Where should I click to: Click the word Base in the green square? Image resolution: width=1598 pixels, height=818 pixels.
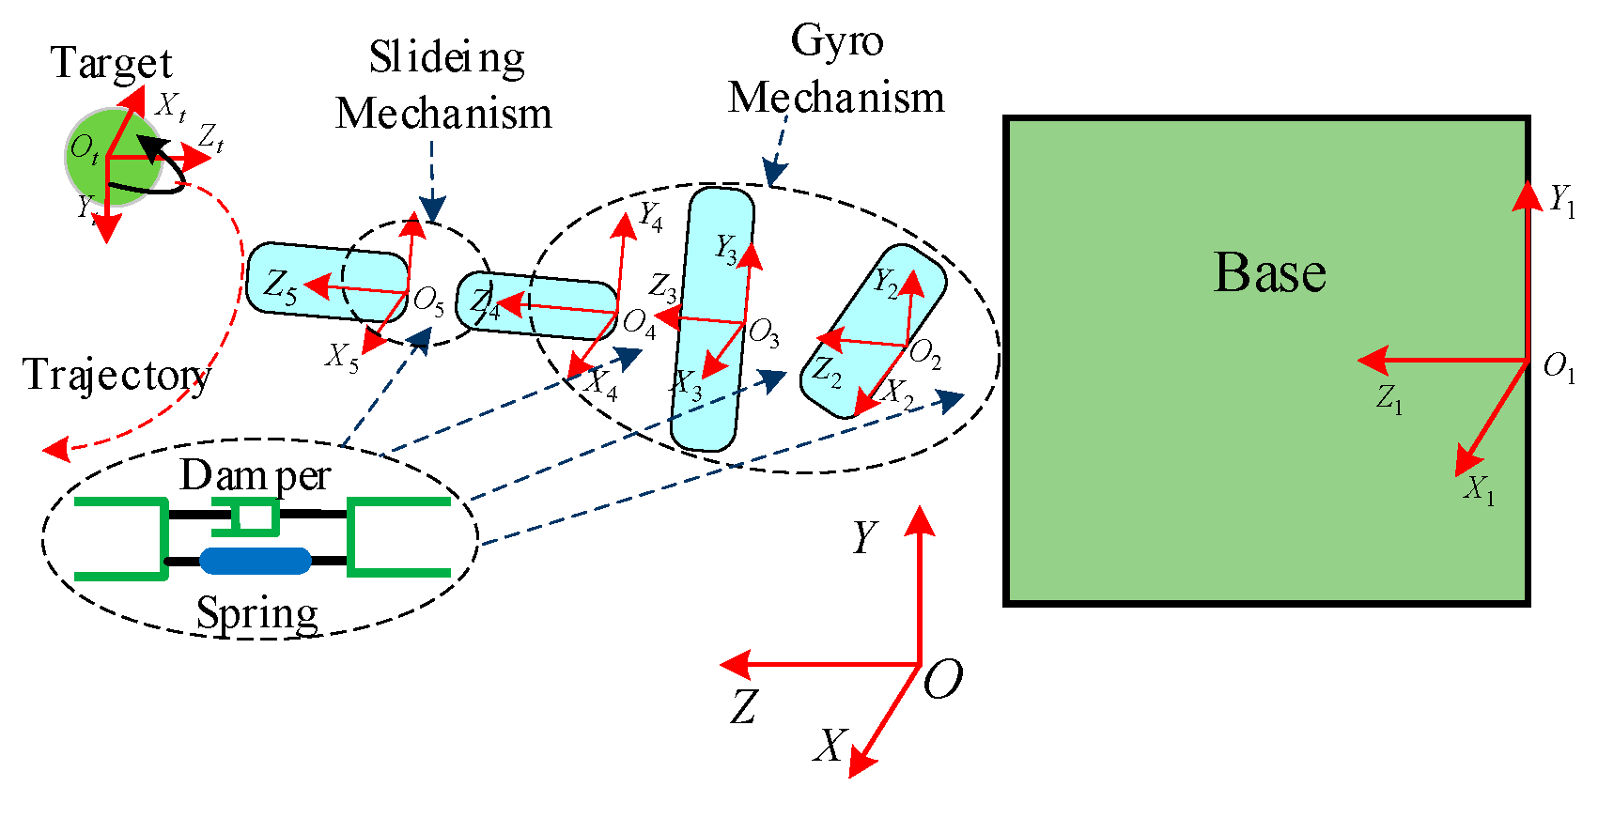1269,273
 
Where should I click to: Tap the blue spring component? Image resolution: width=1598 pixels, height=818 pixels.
255,561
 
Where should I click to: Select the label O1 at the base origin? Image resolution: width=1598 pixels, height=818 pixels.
1559,367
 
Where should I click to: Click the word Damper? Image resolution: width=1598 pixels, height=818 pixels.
255,475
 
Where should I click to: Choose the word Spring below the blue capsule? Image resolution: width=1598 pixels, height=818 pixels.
256,614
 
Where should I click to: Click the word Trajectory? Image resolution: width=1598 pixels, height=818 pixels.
116,375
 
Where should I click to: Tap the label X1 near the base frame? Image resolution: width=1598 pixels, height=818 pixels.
1479,489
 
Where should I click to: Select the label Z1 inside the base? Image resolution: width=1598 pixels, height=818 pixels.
1389,398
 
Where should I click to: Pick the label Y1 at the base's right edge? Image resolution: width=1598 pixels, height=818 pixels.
1561,200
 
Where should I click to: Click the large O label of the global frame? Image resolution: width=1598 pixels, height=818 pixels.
942,680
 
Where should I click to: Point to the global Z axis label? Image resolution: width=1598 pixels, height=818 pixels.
743,706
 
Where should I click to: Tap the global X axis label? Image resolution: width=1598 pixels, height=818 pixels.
830,747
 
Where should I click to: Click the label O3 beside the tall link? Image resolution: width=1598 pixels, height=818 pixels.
763,333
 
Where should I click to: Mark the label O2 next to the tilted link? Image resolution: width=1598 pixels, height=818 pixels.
924,354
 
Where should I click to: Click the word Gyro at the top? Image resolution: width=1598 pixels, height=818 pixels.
836,41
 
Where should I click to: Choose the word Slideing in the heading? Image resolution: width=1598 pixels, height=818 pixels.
446,58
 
